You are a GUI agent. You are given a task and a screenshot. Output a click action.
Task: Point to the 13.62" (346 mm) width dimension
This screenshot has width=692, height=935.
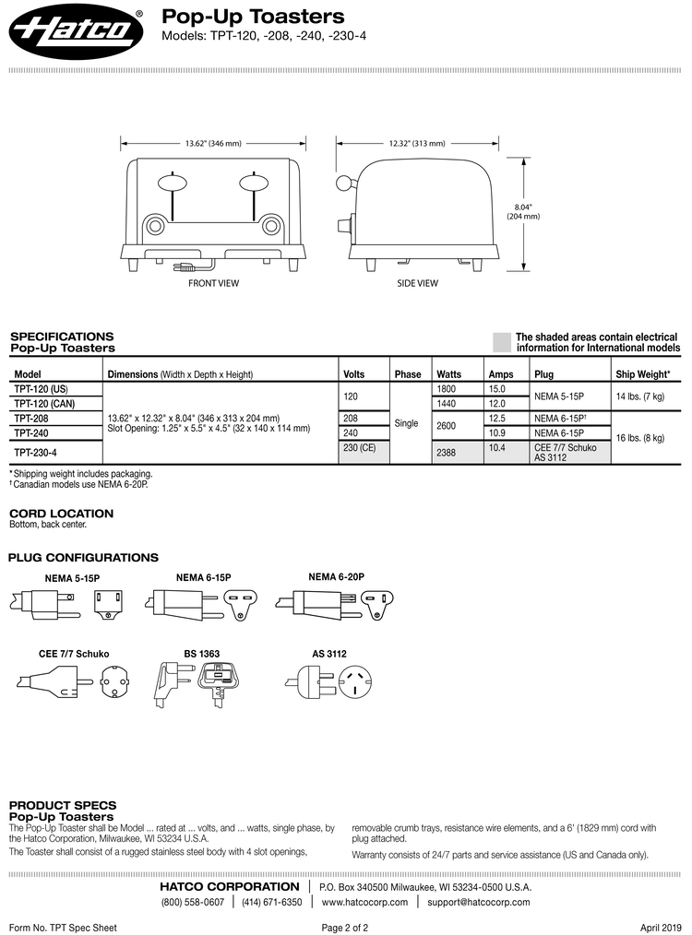(213, 144)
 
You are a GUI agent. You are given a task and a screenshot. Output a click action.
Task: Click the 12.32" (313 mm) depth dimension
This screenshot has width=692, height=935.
(416, 144)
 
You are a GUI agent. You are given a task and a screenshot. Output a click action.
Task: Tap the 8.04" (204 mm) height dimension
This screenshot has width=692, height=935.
(523, 211)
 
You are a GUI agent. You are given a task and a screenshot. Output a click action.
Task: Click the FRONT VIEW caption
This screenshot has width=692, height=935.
(213, 283)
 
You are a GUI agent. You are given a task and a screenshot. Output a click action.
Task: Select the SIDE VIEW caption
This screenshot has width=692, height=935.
(417, 283)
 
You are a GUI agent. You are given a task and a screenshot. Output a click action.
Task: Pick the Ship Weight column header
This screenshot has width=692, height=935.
(643, 374)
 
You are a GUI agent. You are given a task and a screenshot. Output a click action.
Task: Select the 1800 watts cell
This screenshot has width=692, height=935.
(446, 389)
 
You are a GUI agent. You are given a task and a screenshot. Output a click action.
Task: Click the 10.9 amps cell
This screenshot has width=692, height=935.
(497, 432)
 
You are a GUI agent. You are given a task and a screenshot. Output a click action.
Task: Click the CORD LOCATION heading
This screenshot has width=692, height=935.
(61, 513)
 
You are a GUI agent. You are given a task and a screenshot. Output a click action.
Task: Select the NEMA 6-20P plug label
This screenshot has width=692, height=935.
(336, 576)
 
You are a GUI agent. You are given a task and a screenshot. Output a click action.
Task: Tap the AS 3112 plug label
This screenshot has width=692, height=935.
(329, 653)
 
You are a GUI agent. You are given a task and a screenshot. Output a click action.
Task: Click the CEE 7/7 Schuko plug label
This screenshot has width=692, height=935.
(67, 653)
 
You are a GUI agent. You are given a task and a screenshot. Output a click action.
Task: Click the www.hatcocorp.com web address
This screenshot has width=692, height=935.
(364, 902)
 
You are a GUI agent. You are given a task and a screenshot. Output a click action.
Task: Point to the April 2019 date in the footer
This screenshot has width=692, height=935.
(661, 927)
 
